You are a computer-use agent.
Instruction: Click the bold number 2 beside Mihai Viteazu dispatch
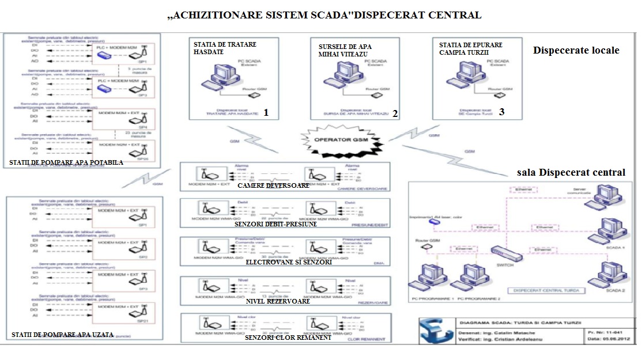[395, 114]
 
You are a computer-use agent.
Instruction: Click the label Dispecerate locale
[576, 50]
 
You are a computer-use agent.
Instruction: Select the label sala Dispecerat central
[571, 172]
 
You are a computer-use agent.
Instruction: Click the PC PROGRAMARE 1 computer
[429, 279]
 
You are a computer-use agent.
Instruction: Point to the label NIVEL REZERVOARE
[278, 301]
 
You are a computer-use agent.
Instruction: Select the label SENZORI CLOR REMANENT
[288, 338]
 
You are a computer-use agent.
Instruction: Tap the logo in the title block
[433, 332]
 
